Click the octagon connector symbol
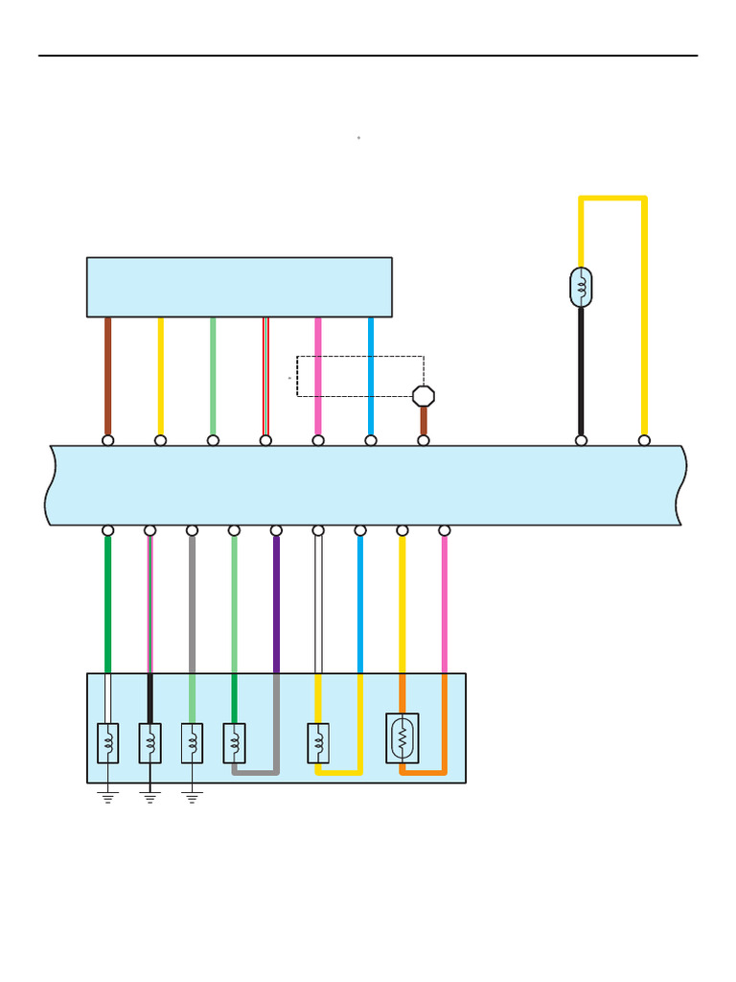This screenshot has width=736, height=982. [424, 395]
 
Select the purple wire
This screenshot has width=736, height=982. [276, 604]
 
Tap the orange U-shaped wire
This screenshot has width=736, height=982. [423, 771]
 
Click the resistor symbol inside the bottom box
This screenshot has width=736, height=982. [402, 738]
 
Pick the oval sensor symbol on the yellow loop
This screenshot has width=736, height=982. [581, 287]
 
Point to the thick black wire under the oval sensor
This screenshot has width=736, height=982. [581, 374]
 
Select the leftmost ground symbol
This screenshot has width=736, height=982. [107, 795]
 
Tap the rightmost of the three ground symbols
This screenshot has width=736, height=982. [192, 795]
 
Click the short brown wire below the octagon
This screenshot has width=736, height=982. [424, 420]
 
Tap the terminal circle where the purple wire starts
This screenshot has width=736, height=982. [276, 530]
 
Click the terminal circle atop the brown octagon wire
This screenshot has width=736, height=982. [424, 440]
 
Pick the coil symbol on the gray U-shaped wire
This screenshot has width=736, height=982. [234, 743]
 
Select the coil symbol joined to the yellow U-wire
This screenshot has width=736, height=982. [318, 743]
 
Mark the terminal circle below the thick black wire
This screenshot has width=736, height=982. [581, 440]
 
